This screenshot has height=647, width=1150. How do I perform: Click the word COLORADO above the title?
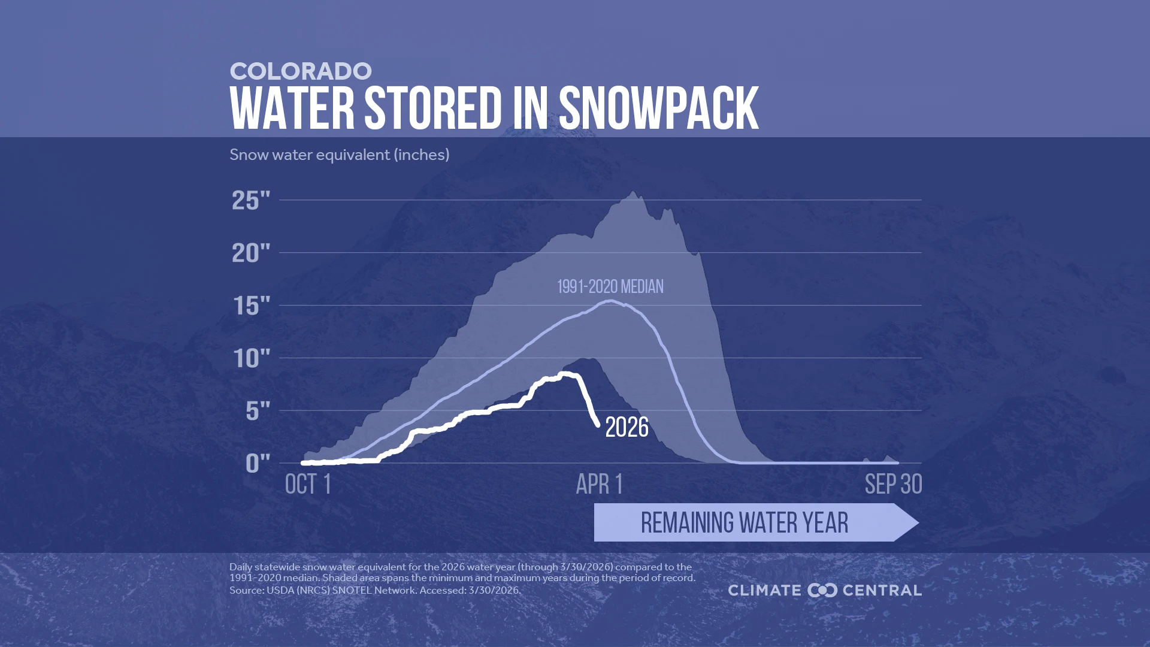click(x=301, y=71)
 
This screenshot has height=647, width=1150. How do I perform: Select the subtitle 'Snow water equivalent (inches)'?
click(x=339, y=155)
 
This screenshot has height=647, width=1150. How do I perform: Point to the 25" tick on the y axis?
click(x=251, y=201)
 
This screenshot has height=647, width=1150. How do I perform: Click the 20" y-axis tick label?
click(x=251, y=253)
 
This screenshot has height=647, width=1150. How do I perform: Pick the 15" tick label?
click(x=251, y=306)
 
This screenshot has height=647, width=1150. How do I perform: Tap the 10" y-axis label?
click(x=251, y=359)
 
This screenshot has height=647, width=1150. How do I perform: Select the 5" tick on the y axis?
click(x=258, y=411)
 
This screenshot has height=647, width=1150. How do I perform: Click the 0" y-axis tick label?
click(x=258, y=463)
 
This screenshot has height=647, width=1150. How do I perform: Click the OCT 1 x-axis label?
click(x=308, y=484)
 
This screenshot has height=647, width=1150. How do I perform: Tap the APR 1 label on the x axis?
click(x=599, y=484)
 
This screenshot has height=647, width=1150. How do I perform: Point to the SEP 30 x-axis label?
click(x=893, y=484)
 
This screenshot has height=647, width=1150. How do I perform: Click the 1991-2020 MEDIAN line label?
click(x=610, y=287)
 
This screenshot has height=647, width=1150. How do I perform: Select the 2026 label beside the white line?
click(x=627, y=428)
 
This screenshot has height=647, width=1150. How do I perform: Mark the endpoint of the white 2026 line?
click(x=597, y=424)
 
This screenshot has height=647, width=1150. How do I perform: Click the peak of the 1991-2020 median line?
click(x=610, y=301)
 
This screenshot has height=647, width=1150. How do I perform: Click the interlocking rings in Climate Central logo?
click(x=822, y=591)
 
